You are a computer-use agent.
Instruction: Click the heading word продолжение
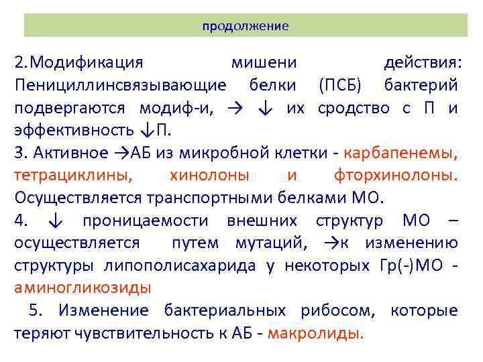(x=246, y=26)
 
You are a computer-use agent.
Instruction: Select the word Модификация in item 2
(x=87, y=63)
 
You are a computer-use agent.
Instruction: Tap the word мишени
(x=264, y=63)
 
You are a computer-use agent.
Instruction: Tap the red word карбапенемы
(x=400, y=153)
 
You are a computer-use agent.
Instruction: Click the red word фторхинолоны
(x=395, y=175)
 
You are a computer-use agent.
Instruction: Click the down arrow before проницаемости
(x=57, y=221)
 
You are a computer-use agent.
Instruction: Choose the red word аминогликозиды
(x=83, y=288)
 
